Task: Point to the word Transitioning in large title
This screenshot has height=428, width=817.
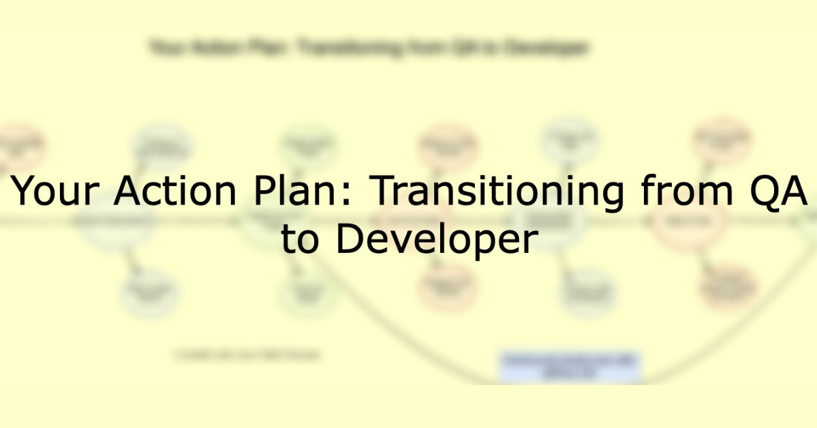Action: (x=496, y=192)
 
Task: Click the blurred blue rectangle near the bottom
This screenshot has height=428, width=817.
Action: (x=570, y=366)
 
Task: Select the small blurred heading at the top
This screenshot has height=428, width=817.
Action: (x=368, y=48)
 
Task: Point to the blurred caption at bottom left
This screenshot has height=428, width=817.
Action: (x=247, y=355)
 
